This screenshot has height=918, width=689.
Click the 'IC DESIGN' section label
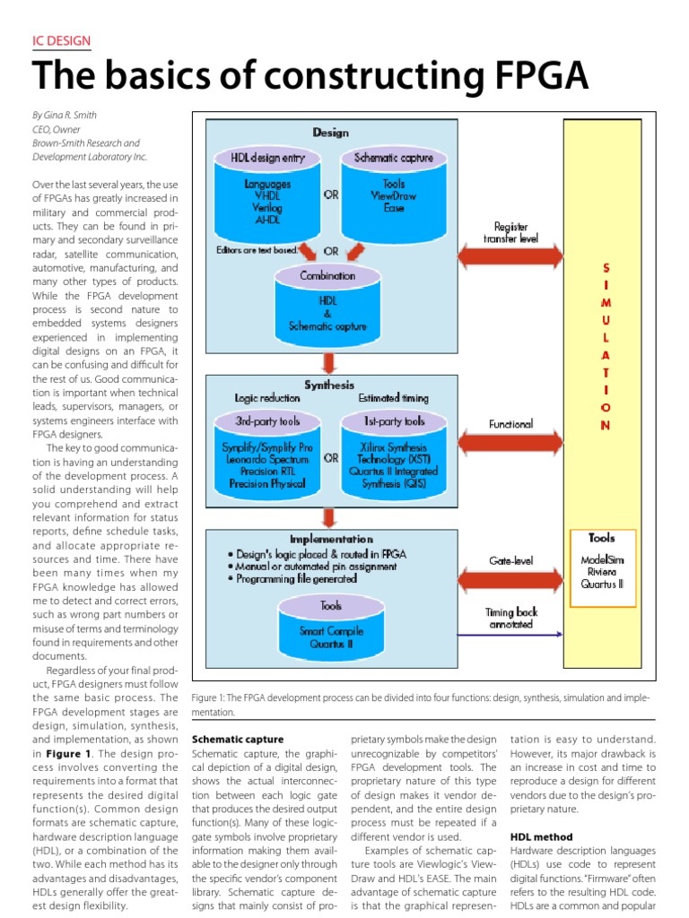point(61,41)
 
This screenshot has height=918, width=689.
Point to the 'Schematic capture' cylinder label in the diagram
point(394,158)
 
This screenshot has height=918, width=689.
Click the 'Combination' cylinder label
point(327,276)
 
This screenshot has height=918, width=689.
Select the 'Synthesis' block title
point(330,385)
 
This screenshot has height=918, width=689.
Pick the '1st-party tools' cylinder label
point(394,420)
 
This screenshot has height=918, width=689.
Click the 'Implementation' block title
point(331,539)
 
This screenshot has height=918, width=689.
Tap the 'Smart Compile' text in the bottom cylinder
point(331,629)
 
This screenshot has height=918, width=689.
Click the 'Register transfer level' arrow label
point(506,233)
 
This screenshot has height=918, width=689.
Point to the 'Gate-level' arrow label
point(510,560)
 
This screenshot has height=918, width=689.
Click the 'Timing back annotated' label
point(510,617)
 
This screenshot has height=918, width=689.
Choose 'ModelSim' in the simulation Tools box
point(601,560)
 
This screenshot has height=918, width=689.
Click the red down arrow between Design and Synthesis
point(329,361)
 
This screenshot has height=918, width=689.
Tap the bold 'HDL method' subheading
point(539,836)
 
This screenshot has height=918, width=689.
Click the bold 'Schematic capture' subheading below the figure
point(232,740)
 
